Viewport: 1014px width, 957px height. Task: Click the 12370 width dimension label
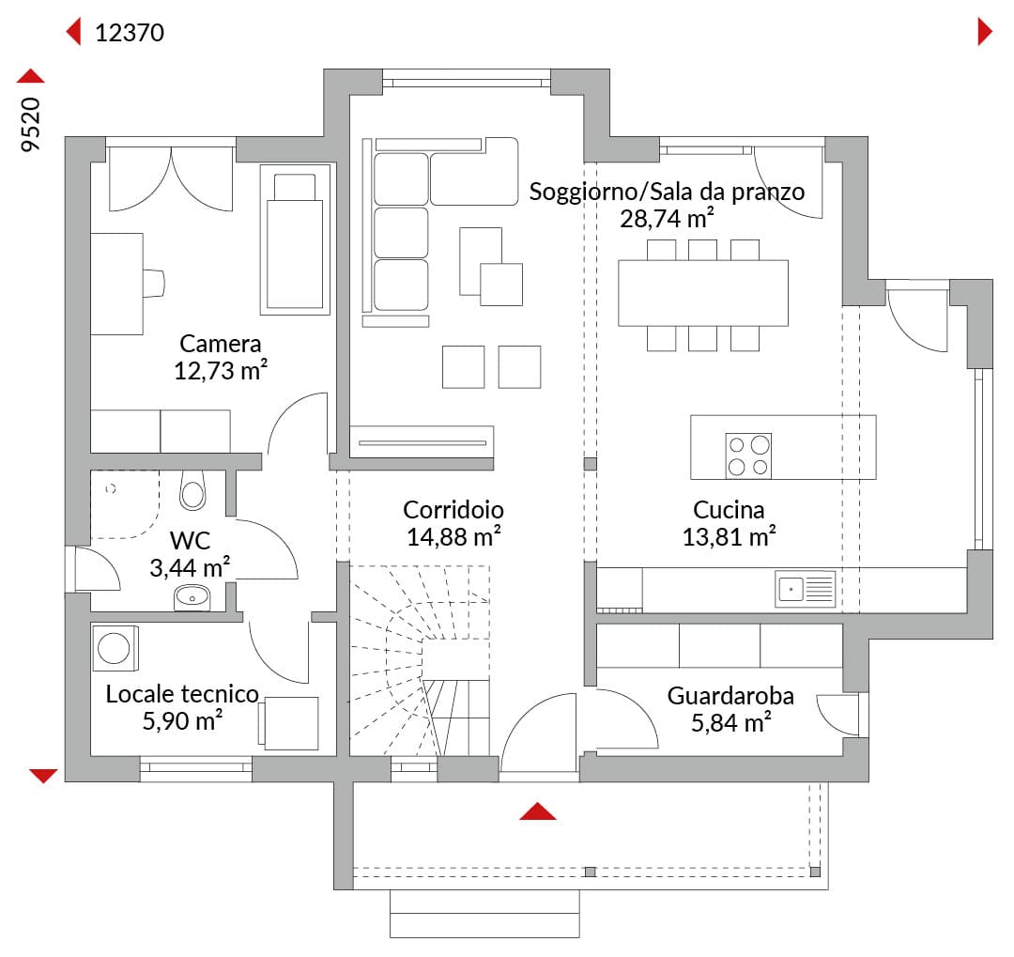[130, 32]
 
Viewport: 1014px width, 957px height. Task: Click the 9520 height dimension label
[30, 125]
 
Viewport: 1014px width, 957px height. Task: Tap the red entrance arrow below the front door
[537, 811]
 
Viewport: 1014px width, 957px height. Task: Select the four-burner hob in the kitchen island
[748, 455]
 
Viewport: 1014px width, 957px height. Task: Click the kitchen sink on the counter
[806, 589]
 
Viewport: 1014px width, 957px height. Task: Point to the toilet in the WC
[192, 490]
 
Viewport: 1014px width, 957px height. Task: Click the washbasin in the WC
[192, 598]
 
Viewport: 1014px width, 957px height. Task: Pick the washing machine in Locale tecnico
[115, 648]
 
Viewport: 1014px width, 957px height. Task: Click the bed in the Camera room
[295, 239]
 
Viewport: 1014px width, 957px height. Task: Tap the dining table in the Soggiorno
[703, 293]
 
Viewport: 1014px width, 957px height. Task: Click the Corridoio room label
[453, 510]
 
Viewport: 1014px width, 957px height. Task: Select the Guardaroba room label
[730, 696]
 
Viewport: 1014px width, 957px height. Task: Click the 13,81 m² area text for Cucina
[730, 536]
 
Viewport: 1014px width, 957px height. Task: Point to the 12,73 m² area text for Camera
[221, 370]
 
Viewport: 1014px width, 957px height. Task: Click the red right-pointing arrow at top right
[985, 31]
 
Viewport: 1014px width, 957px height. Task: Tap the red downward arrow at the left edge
[43, 776]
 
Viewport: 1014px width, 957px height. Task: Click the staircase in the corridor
[420, 660]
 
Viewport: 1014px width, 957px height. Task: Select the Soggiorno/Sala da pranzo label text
[667, 193]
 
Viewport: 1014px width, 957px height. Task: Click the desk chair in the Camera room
[154, 284]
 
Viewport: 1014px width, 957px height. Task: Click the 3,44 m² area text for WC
[190, 567]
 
